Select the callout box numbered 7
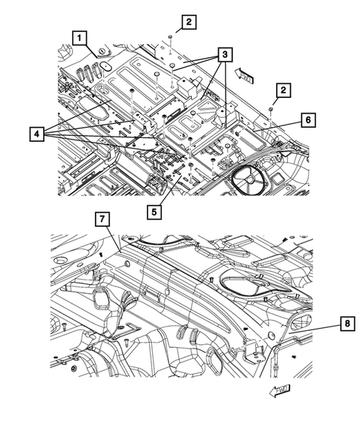click(x=102, y=218)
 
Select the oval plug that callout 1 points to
click(x=104, y=65)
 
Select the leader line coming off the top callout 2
click(x=177, y=29)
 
